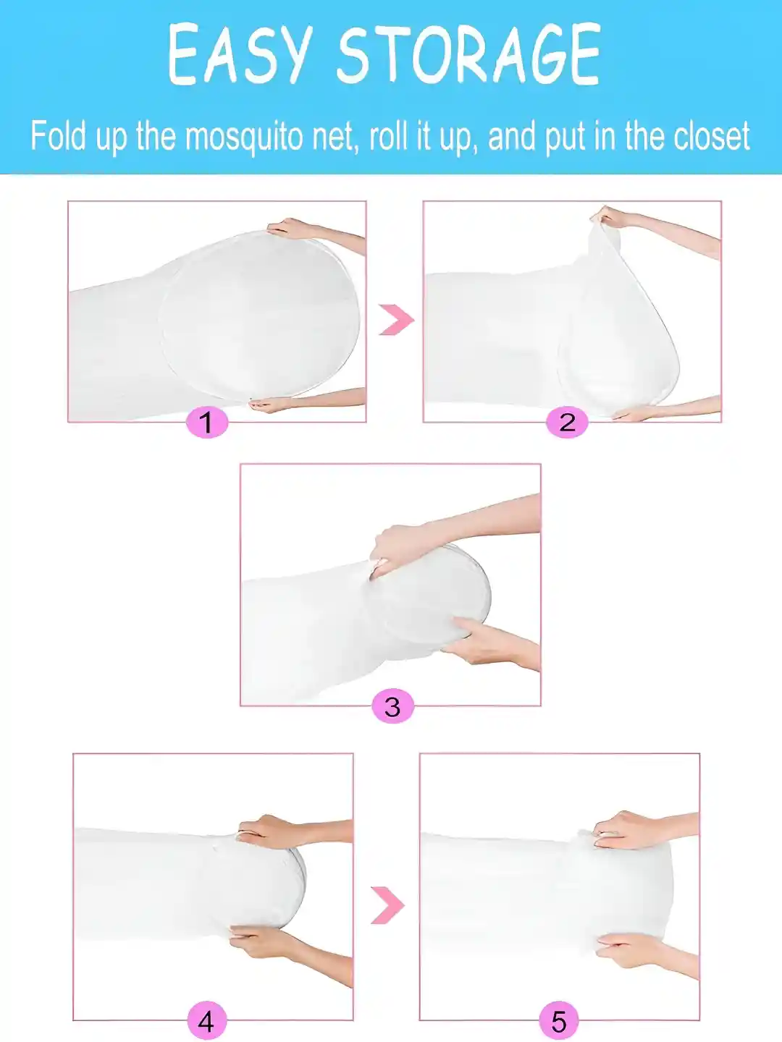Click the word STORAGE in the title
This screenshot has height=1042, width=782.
click(x=468, y=56)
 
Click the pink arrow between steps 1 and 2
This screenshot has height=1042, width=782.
click(x=396, y=320)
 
